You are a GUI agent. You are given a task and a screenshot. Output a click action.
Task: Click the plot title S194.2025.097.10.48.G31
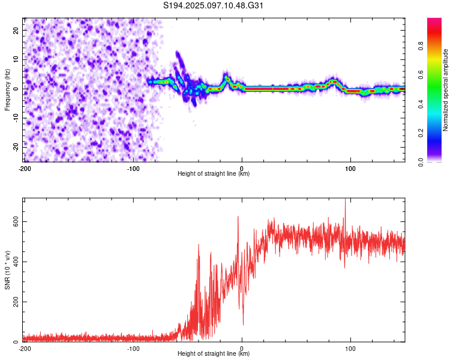(214, 6)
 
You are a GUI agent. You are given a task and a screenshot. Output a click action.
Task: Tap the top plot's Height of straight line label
(214, 174)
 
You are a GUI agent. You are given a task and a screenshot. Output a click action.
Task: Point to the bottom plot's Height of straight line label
(214, 354)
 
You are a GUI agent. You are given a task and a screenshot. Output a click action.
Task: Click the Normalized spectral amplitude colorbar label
(446, 90)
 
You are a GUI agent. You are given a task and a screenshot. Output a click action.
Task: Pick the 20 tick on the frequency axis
(16, 30)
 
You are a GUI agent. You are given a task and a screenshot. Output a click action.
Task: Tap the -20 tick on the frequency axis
(15, 146)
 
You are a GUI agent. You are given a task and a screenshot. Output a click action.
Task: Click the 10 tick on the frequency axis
(16, 59)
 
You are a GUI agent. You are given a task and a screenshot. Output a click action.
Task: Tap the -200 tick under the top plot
(25, 169)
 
